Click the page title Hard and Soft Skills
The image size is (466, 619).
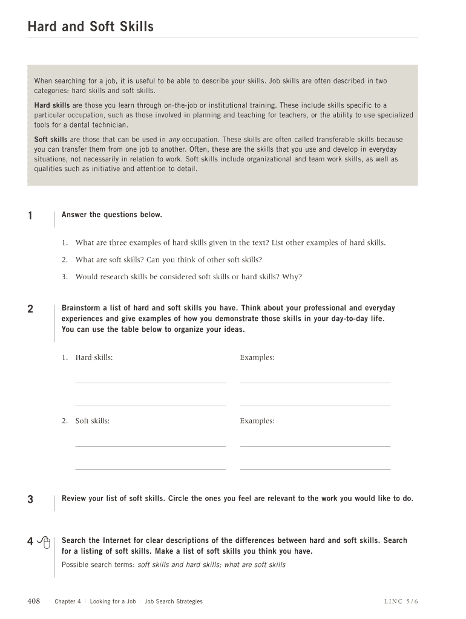91,27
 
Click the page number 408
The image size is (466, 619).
34,601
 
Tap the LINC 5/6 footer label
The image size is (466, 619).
401,601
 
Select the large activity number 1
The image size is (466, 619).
30,216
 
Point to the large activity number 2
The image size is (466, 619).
30,309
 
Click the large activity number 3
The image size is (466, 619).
30,499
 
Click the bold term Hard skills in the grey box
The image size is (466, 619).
51,105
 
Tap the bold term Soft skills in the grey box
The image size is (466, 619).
50,140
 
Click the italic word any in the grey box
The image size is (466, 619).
174,140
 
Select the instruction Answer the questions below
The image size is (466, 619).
112,215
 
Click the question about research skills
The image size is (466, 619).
188,277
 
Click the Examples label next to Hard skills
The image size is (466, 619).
257,357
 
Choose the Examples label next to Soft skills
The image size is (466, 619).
257,421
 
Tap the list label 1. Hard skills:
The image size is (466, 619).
87,357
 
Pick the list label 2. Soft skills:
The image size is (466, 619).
85,421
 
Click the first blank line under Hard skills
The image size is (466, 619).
150,382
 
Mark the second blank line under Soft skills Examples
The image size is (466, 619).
315,468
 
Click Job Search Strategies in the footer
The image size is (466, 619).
174,601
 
